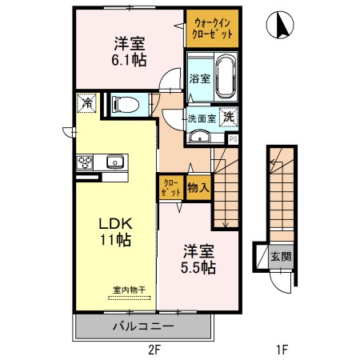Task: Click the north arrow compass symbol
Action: pyautogui.click(x=281, y=25)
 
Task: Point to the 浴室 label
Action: pyautogui.click(x=200, y=78)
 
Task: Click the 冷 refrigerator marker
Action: pyautogui.click(x=86, y=102)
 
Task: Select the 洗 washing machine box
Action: pyautogui.click(x=229, y=115)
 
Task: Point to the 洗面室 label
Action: pyautogui.click(x=202, y=118)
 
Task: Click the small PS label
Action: pyautogui.click(x=234, y=138)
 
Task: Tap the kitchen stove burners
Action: pyautogui.click(x=86, y=162)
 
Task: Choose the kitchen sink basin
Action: pyautogui.click(x=114, y=162)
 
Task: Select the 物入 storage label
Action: pyautogui.click(x=198, y=188)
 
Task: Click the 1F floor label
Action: pyautogui.click(x=282, y=350)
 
